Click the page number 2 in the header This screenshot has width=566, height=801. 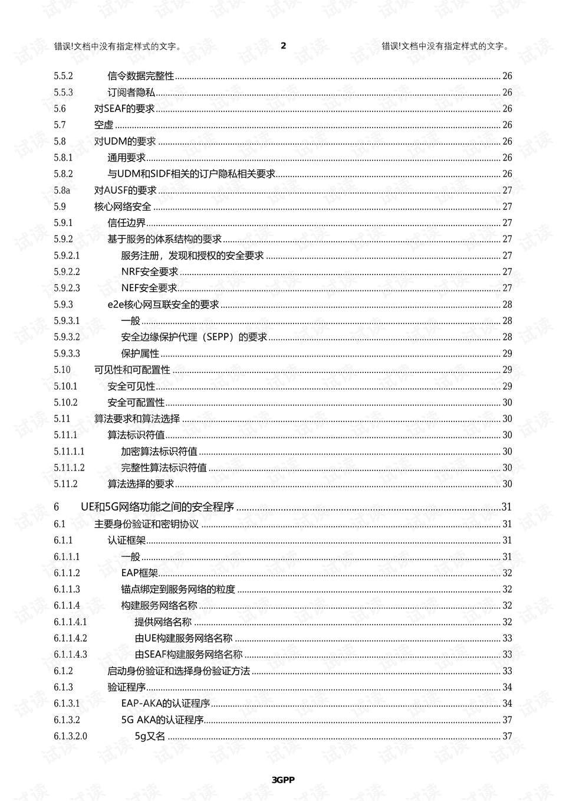(x=283, y=45)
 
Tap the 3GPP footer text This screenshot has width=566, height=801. (x=283, y=780)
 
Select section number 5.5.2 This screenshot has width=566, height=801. (x=63, y=76)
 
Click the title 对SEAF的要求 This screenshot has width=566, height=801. (x=124, y=109)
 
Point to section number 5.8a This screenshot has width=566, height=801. (x=62, y=190)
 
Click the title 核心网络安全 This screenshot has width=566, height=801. (x=123, y=207)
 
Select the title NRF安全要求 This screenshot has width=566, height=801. (x=150, y=272)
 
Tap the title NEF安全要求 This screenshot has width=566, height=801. (x=149, y=288)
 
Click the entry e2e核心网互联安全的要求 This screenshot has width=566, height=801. (x=163, y=305)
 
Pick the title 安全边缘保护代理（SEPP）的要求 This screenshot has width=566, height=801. (x=194, y=337)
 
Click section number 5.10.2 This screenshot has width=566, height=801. (x=65, y=403)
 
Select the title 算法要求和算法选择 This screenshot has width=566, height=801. (x=137, y=419)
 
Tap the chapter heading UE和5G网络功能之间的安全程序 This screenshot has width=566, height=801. (x=157, y=507)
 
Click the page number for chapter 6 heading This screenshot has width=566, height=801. (x=506, y=507)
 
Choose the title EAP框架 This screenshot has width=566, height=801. (x=140, y=573)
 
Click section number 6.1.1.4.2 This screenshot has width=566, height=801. (x=70, y=638)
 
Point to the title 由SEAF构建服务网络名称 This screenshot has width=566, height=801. (x=189, y=655)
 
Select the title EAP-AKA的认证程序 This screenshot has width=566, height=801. (x=166, y=704)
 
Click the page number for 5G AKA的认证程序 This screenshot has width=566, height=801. (x=507, y=720)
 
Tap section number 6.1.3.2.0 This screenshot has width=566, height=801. (x=70, y=736)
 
